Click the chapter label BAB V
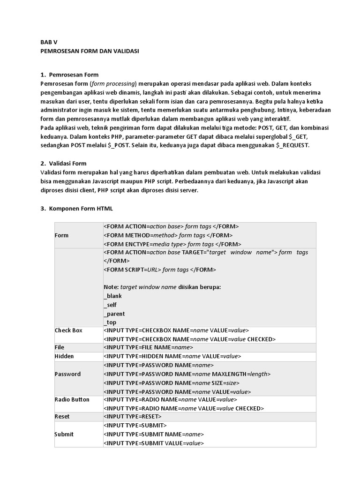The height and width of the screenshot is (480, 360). (48, 41)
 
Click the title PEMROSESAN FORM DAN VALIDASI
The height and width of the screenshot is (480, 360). (90, 50)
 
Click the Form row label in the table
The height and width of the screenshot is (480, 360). (61, 235)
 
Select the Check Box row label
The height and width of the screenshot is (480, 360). (68, 330)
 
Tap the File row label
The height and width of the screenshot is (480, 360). (60, 348)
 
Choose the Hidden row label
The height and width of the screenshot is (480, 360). (64, 356)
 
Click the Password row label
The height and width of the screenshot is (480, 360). (67, 374)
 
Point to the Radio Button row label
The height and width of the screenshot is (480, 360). (72, 399)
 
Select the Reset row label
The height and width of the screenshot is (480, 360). (62, 416)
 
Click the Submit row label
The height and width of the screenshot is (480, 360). (64, 434)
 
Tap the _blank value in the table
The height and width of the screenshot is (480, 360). (112, 296)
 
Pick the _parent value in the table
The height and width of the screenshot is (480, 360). (114, 314)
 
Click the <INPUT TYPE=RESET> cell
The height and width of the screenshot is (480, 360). (133, 416)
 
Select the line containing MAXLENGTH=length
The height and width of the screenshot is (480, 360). (187, 374)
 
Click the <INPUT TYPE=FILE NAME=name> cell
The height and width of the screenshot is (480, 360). (149, 348)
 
